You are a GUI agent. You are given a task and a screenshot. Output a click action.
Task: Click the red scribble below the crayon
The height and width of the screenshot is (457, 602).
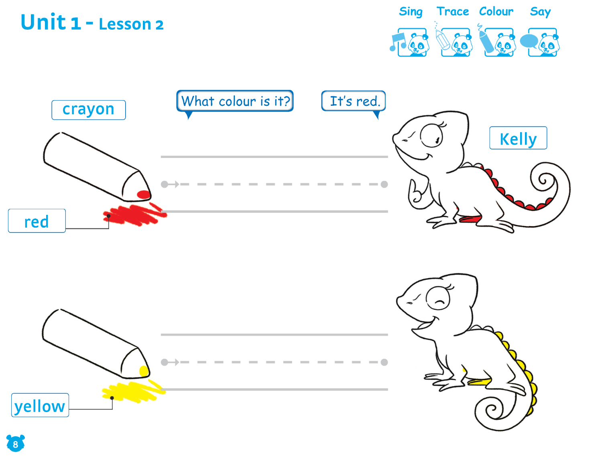click(134, 214)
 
